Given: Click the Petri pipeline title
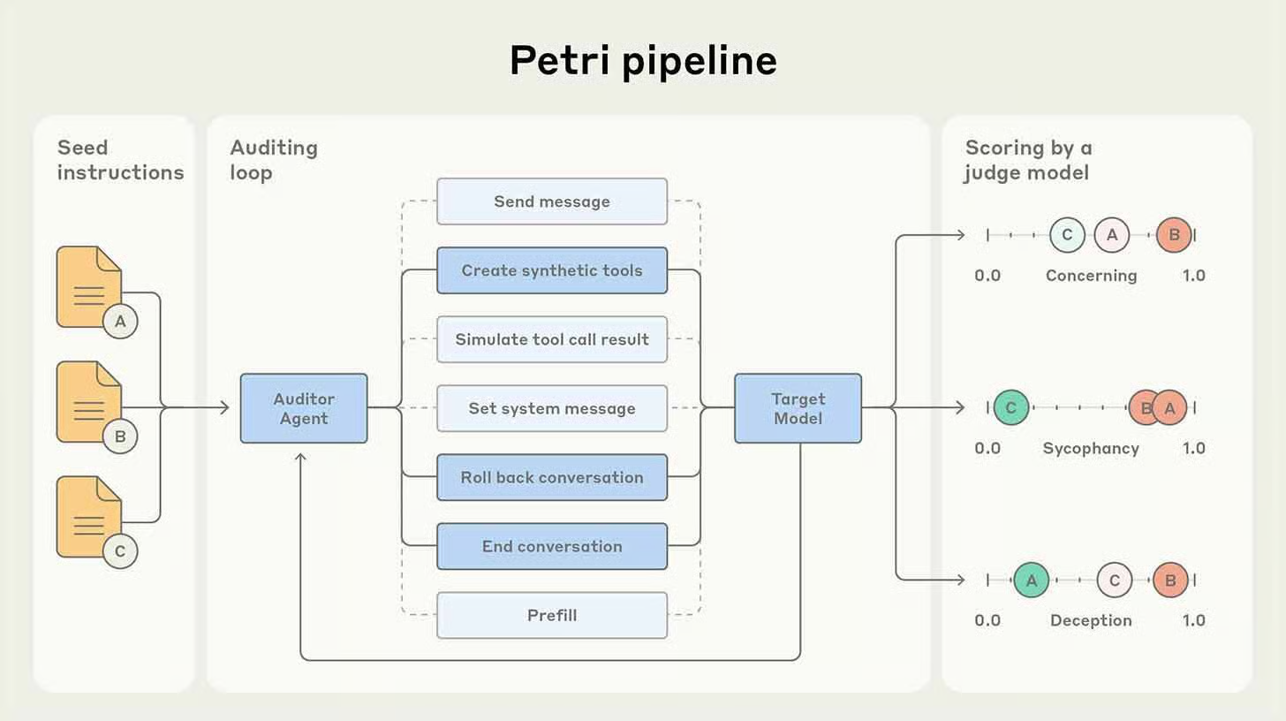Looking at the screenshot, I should coord(643,61).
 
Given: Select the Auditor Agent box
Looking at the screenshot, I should coord(304,408).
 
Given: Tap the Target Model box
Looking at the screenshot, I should coord(798,408).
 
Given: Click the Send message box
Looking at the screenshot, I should coord(552,201).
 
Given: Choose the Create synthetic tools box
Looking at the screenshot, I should coord(552,270).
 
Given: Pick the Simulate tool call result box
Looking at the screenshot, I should coord(552,339).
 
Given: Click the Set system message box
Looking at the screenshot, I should coord(552,408).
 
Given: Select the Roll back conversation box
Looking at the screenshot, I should coord(552,477).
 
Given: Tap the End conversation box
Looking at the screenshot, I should coord(552,546).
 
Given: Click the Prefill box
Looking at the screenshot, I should coord(552,615).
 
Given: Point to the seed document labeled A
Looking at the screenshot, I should coord(88,288).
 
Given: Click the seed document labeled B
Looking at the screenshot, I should coord(88,403).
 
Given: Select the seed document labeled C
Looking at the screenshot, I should coord(88,518).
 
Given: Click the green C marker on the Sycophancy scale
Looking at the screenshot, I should coord(1011,408).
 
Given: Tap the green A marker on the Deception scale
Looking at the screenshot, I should coord(1031,581).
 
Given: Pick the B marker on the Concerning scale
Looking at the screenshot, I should coord(1174,235).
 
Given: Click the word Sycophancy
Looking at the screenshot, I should coord(1091,448).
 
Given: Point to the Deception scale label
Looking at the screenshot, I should coord(1091,620).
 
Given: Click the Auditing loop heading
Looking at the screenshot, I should coord(274,160).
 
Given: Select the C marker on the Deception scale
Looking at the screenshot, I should coord(1114,581).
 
